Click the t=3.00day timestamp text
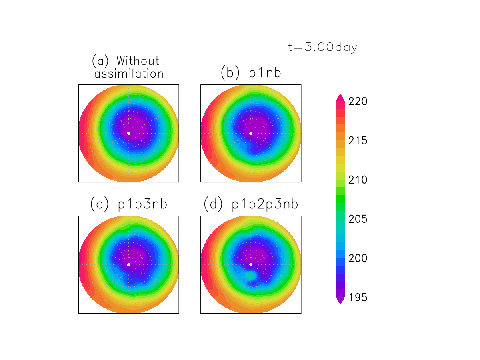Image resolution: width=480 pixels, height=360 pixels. [322, 47]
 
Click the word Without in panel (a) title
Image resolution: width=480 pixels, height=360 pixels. [138, 61]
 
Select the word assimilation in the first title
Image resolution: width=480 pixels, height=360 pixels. [129, 74]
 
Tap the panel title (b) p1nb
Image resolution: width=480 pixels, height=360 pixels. [251, 73]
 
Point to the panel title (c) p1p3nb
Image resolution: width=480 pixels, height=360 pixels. [129, 204]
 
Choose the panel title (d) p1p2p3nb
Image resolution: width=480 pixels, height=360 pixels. [251, 204]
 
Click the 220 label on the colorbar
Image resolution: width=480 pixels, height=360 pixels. [358, 102]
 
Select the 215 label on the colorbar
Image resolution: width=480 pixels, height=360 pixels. [358, 141]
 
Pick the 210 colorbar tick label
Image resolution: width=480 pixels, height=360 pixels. [358, 180]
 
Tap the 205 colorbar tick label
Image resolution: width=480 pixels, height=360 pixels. [358, 220]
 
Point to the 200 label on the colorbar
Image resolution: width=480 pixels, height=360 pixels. [358, 259]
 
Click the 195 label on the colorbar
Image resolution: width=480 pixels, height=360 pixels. [358, 298]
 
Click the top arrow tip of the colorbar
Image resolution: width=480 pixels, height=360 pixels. [340, 95]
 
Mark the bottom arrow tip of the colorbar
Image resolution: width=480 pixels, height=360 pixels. [340, 304]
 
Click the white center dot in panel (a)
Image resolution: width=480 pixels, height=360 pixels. [128, 133]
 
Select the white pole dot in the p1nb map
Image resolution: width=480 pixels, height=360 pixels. [251, 133]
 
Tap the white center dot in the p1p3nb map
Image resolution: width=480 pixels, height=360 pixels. [128, 264]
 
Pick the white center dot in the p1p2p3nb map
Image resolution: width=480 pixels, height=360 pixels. [251, 264]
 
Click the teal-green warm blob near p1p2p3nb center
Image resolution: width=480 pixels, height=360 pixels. [251, 276]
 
